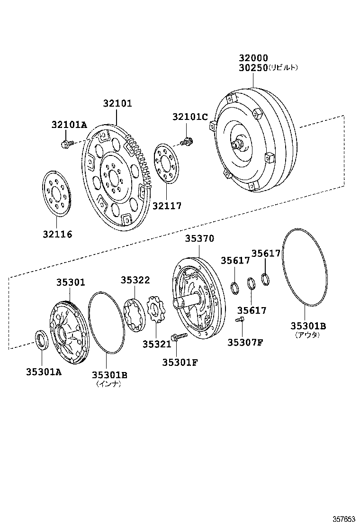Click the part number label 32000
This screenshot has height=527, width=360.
click(253, 58)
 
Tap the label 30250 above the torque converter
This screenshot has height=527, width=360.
click(253, 68)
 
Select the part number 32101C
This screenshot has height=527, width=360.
click(190, 117)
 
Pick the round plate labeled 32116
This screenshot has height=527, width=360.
click(56, 194)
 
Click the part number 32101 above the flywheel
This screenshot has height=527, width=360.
click(117, 104)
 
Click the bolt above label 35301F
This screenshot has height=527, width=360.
click(176, 337)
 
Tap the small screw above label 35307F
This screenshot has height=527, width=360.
click(240, 321)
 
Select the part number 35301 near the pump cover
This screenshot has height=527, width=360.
click(71, 282)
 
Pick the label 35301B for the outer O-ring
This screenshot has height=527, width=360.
click(308, 326)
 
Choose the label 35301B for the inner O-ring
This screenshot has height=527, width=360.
click(109, 375)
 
